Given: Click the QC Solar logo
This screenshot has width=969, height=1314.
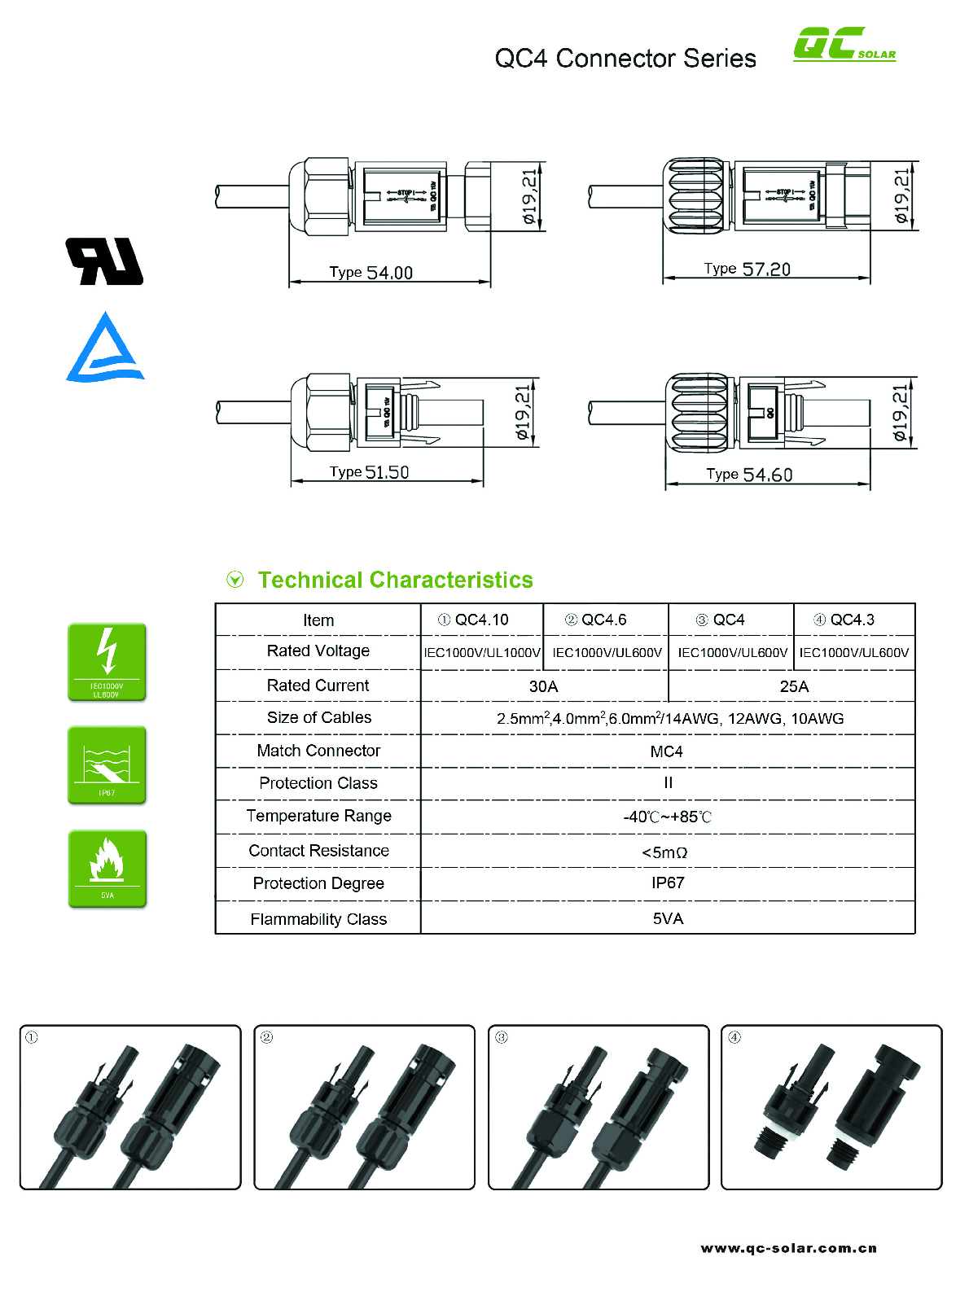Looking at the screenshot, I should pos(844,45).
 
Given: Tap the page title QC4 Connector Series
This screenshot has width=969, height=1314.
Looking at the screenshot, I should pos(625,59).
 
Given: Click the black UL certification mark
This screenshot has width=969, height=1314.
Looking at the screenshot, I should pos(104,261).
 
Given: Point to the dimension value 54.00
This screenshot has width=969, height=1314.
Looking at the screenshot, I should pos(389,273).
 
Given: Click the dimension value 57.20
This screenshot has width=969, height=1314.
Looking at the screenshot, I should pos(765,269).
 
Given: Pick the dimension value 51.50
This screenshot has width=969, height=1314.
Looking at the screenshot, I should pos(387,472).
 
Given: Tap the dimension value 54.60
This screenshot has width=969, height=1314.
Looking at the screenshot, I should pos(767,475).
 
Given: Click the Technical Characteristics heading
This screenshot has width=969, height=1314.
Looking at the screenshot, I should pos(395,580).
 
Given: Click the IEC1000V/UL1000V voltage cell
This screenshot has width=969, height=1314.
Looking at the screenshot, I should pos(481,653).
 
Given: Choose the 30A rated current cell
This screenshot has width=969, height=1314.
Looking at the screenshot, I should pos(543,686).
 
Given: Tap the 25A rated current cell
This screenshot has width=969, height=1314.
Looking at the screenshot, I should pos(793,686).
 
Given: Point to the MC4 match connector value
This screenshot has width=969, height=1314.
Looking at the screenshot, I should pos(666,751).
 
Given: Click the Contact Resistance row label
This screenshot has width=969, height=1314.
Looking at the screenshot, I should pos(318,851).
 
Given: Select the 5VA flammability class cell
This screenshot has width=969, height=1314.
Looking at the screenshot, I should pos(668,919).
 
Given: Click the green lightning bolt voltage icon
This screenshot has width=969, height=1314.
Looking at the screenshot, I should pos(107,662).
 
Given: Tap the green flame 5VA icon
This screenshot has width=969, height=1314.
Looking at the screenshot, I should pos(107,868).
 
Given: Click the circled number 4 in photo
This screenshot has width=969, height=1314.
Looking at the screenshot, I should pos(734,1037).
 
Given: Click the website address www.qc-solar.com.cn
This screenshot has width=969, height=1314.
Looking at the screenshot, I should pos(788,1248).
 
